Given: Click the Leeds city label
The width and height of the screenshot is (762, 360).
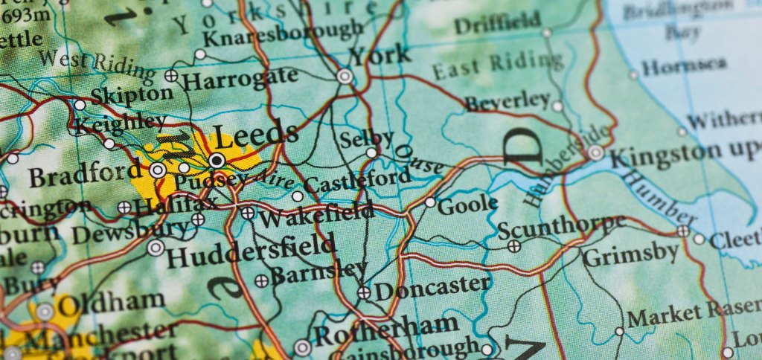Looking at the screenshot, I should pyautogui.click(x=256, y=136).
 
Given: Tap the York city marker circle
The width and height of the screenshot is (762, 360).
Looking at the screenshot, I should pyautogui.click(x=345, y=76).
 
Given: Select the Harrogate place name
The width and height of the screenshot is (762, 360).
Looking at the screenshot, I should pyautogui.click(x=240, y=78).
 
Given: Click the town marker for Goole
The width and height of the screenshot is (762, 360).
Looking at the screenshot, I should pyautogui.click(x=430, y=202).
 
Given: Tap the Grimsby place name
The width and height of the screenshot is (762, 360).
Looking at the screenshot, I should pyautogui.click(x=631, y=255).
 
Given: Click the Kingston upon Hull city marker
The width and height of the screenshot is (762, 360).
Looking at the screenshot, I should pyautogui.click(x=595, y=152).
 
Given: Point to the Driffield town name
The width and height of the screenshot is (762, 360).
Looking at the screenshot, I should pyautogui.click(x=498, y=25).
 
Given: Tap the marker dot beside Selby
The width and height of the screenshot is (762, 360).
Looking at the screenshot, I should pyautogui.click(x=371, y=152).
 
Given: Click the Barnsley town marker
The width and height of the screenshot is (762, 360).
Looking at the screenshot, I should pyautogui.click(x=261, y=280).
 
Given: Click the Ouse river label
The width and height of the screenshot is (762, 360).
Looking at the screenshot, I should pyautogui.click(x=417, y=159).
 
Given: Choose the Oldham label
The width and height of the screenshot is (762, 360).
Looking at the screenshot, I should pyautogui.click(x=112, y=303).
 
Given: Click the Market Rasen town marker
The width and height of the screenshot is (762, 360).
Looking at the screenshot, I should pyautogui.click(x=619, y=331).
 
